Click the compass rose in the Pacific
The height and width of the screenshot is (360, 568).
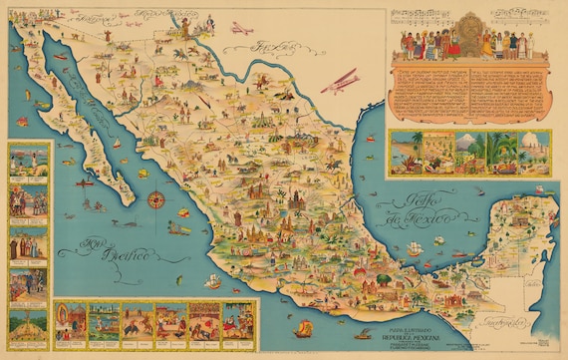(x=155, y=199)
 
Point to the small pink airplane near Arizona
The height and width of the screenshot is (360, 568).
(x=239, y=28)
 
